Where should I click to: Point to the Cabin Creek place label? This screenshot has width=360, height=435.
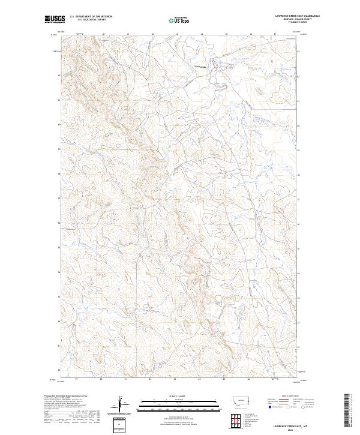(x=200, y=66)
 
